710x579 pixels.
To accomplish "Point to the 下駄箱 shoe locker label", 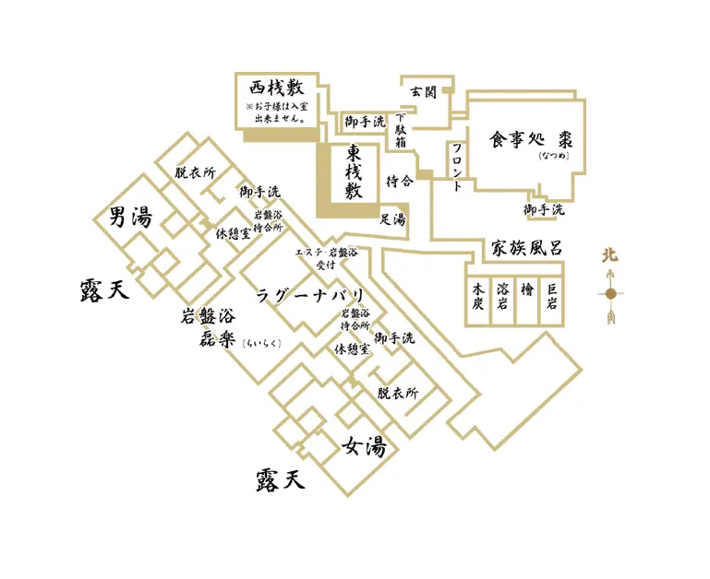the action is pyautogui.click(x=401, y=132).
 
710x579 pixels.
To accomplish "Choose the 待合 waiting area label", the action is pyautogui.click(x=399, y=182).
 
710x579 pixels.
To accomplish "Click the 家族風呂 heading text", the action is pyautogui.click(x=526, y=249).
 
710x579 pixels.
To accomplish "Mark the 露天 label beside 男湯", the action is pyautogui.click(x=102, y=291).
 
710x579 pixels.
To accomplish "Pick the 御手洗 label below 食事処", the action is pyautogui.click(x=544, y=210).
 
